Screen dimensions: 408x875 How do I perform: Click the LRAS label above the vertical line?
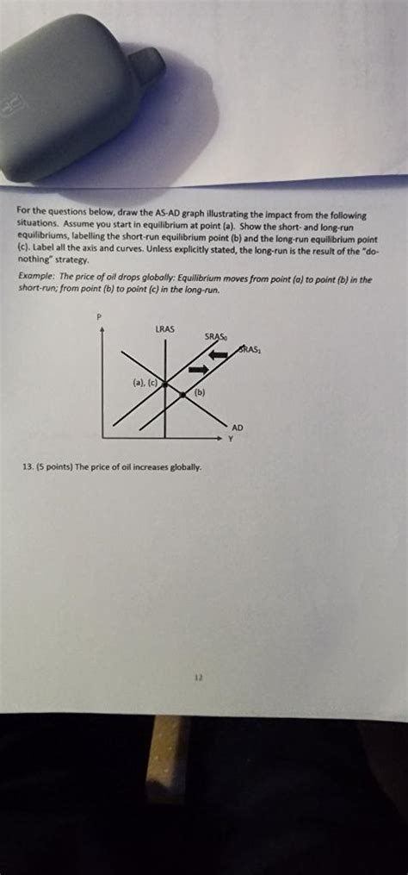pos(165,328)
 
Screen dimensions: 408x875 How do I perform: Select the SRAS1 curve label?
pos(250,349)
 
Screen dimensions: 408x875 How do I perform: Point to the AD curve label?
pos(238,428)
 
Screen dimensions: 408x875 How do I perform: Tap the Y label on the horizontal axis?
pos(230,439)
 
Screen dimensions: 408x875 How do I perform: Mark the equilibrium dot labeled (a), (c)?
pos(163,384)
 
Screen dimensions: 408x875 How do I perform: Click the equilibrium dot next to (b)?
pos(184,395)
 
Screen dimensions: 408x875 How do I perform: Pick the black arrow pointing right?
pos(198,369)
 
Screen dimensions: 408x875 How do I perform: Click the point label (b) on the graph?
pos(199,392)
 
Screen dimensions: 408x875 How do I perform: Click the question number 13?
pos(30,466)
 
